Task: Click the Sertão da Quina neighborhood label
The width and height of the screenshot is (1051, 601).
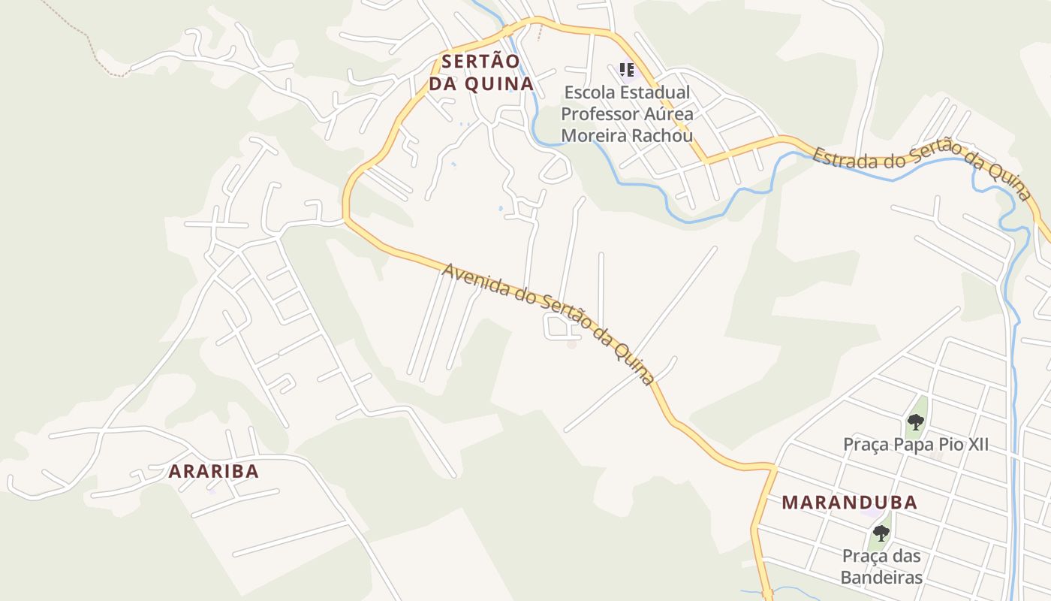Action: (x=480, y=72)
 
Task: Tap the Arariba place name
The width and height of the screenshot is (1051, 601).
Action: (x=214, y=472)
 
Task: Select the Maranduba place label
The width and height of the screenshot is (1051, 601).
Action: (x=849, y=503)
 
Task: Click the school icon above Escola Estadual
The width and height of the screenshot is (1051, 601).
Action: (x=627, y=70)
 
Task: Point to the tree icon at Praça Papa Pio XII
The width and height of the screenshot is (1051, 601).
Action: (x=915, y=421)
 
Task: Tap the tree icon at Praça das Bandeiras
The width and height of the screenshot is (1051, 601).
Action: (x=881, y=533)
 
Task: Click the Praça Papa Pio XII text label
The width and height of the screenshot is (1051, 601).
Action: (x=915, y=445)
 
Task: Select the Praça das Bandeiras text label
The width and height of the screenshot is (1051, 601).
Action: (x=881, y=567)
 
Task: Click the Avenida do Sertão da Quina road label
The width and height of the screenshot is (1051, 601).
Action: (x=548, y=323)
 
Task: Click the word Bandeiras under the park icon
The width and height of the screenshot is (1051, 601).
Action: (x=881, y=578)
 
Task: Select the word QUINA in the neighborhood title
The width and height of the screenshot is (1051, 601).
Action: (x=499, y=83)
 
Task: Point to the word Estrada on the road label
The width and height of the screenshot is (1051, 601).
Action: (x=839, y=159)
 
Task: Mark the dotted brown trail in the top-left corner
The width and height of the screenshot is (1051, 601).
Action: (x=83, y=34)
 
